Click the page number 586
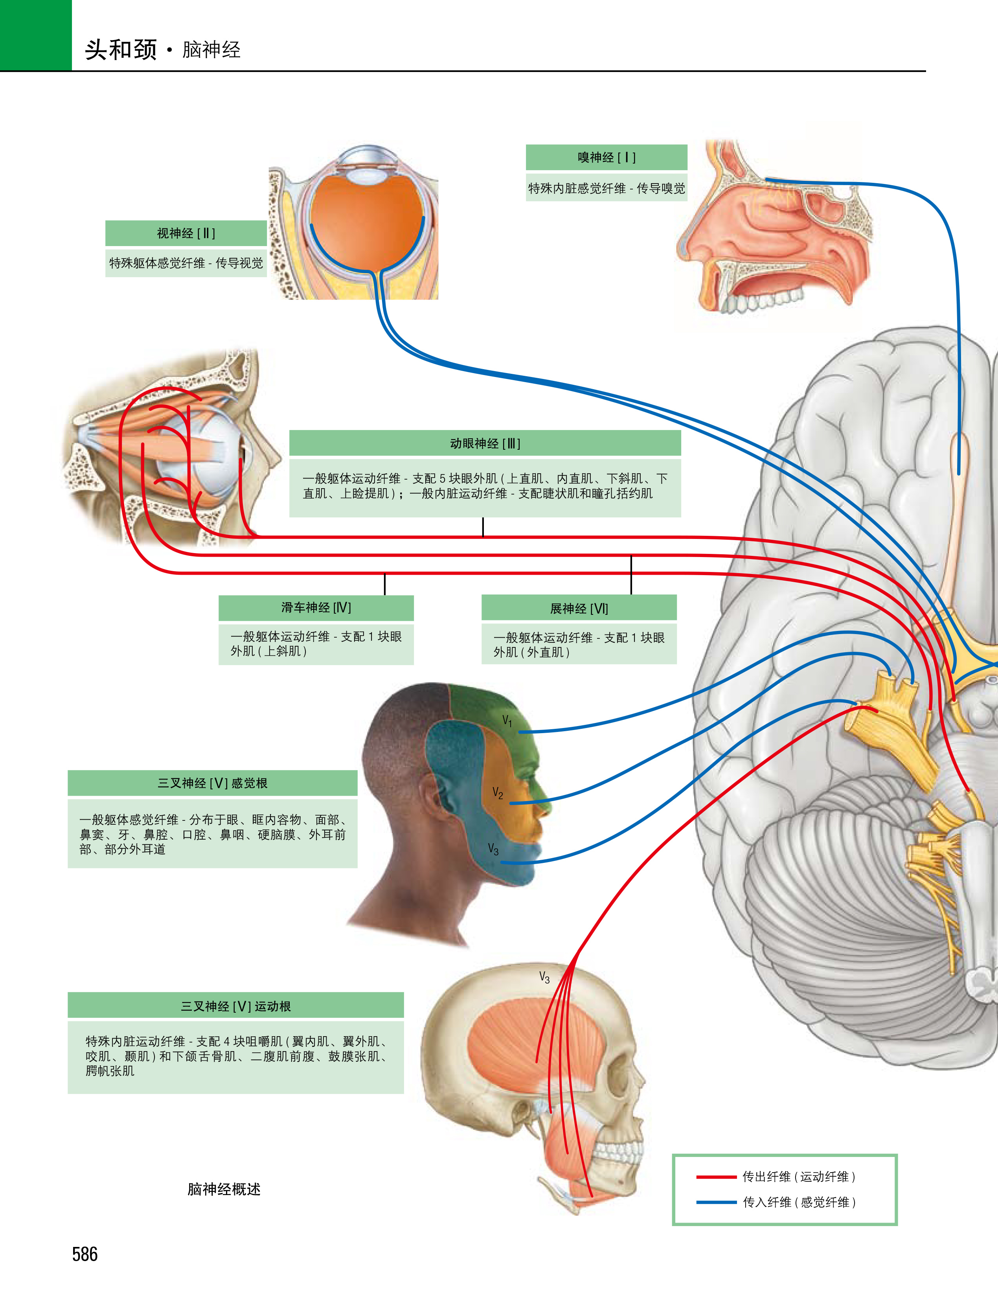85,1254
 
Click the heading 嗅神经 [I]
606,158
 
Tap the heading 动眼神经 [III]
485,443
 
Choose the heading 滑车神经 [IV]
316,608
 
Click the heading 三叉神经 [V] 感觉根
212,783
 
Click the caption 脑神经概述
224,1189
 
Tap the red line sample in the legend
716,1177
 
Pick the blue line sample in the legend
716,1202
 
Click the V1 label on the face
507,721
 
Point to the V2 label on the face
498,793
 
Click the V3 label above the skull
544,977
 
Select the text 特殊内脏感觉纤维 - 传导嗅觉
606,188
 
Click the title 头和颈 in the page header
121,49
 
